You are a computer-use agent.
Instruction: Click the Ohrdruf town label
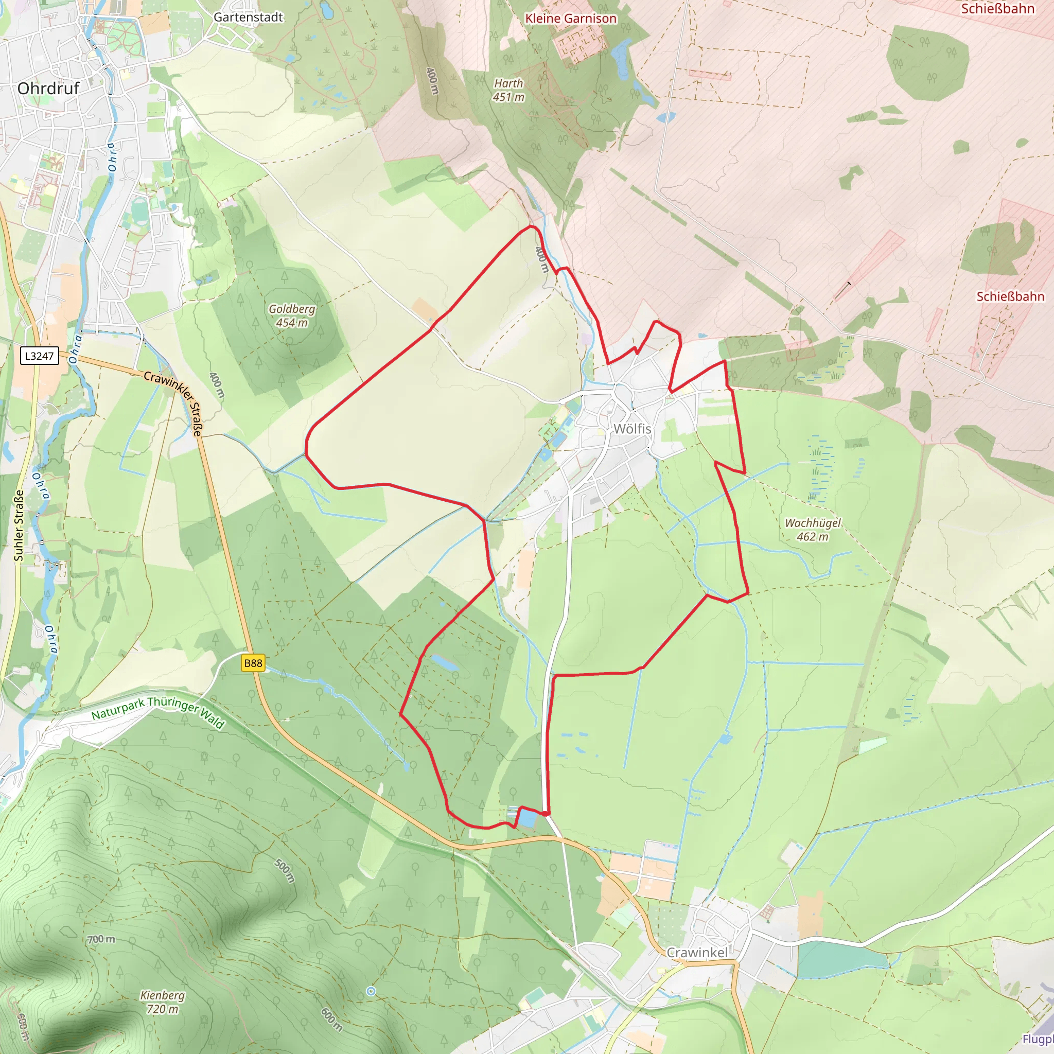(x=48, y=89)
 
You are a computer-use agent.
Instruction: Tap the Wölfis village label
(x=633, y=429)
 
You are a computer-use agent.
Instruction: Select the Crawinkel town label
(x=697, y=952)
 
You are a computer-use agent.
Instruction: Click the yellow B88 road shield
(x=253, y=663)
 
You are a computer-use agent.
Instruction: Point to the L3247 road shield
(x=40, y=356)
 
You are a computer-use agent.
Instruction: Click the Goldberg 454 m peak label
(x=292, y=315)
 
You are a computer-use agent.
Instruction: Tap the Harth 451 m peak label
(x=508, y=90)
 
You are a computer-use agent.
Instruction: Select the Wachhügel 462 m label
(x=812, y=529)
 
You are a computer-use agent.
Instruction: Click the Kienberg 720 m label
(x=162, y=1002)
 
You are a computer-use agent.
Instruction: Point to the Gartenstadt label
(x=248, y=17)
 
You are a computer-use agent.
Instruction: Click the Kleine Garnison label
(x=571, y=19)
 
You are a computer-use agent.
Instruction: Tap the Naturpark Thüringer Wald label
(x=157, y=711)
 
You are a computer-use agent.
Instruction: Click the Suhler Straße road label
(x=19, y=525)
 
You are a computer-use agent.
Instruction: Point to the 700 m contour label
(x=101, y=939)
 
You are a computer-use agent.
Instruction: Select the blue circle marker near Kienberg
(x=371, y=991)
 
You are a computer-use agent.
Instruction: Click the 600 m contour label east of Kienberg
(x=331, y=1020)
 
